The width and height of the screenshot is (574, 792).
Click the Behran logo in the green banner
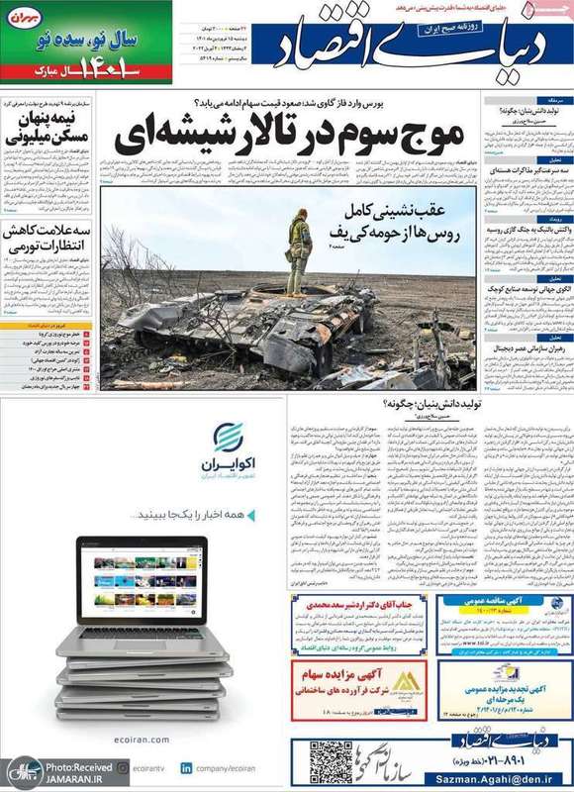[x=27, y=17]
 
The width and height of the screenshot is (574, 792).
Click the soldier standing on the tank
[x=299, y=252]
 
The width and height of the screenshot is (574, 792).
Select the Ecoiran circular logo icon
[x=228, y=437]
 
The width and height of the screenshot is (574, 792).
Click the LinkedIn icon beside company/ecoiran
[x=186, y=767]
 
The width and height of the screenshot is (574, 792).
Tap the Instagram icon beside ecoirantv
[x=122, y=767]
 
